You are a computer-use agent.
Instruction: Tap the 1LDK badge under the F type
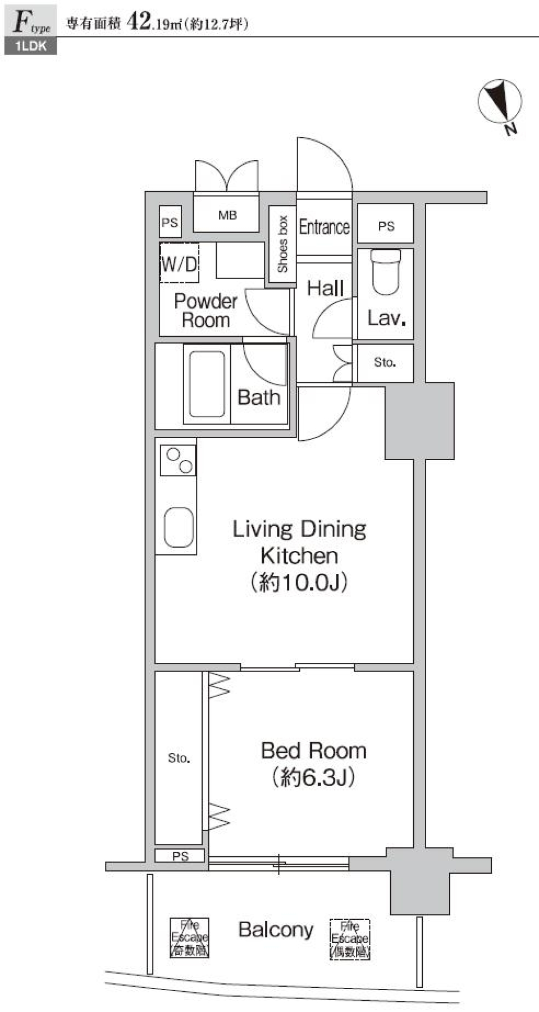[31, 46]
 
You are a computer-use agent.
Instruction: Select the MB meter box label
[227, 215]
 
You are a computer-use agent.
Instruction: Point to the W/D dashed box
[180, 263]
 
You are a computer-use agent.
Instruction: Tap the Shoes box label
[282, 245]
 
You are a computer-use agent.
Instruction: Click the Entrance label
[324, 227]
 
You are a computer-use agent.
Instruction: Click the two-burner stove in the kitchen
[179, 459]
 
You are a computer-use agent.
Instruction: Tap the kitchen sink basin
[179, 527]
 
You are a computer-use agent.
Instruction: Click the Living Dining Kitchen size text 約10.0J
[299, 582]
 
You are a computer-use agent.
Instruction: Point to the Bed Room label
[313, 751]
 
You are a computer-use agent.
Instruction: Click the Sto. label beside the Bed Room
[179, 758]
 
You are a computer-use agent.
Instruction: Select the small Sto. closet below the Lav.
[385, 363]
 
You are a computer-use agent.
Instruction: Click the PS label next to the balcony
[180, 856]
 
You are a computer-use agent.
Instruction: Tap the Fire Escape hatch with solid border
[190, 937]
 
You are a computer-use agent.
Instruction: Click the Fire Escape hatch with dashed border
[349, 938]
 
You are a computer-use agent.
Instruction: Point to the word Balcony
[276, 929]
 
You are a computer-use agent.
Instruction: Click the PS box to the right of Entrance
[386, 226]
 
